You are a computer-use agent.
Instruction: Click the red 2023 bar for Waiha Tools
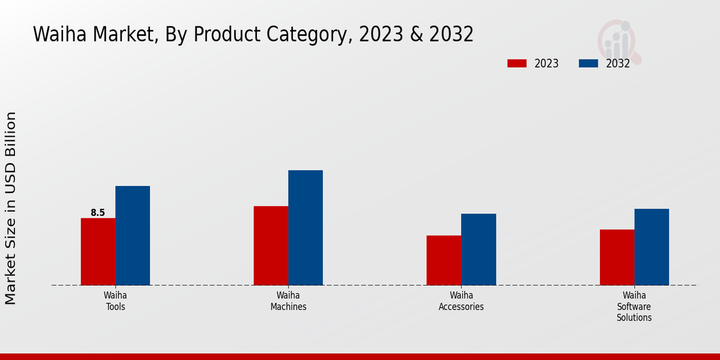tap(98, 251)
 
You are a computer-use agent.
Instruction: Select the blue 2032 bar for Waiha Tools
tap(133, 235)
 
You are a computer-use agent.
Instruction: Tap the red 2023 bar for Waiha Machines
tap(271, 245)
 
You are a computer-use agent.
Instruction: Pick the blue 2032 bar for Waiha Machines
tap(305, 227)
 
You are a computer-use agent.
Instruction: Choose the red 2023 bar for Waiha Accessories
tap(444, 260)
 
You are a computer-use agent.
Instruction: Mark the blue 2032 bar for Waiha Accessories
tap(479, 249)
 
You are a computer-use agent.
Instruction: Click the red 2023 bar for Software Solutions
tap(617, 257)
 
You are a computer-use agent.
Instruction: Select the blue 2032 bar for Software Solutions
tap(652, 247)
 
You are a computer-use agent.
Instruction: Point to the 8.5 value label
tap(98, 212)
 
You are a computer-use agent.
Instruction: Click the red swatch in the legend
tap(517, 63)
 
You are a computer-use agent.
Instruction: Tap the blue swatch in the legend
tap(588, 63)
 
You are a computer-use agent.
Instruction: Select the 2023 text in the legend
tap(547, 64)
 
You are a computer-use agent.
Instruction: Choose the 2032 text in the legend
tap(618, 64)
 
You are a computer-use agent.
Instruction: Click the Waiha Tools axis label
tap(115, 301)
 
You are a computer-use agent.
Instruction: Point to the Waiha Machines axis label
tap(288, 301)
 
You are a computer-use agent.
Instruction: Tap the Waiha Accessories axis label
tap(461, 301)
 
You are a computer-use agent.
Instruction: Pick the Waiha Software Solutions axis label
tap(634, 306)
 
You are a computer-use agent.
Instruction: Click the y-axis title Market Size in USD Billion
tap(11, 208)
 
